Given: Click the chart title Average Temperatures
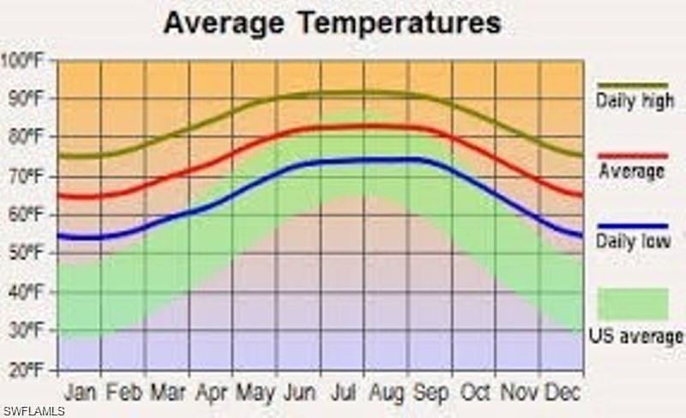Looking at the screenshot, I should point(332,22).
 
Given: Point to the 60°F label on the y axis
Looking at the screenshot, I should point(26,214).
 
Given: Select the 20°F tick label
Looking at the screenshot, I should point(26,370).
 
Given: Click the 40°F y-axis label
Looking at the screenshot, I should point(26,292).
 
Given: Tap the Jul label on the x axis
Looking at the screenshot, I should point(344,392).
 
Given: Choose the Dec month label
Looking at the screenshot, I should point(563,392).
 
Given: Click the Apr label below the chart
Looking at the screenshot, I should point(211,392).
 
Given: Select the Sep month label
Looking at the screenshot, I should point(430,392).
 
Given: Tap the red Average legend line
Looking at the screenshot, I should point(633,155).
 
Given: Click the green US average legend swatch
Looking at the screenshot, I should point(633,303).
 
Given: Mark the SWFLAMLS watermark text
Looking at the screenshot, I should point(33,411).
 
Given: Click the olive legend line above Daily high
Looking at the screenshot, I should point(633,85).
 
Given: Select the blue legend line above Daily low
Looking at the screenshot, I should point(633,226).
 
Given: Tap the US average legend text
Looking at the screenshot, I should point(635,336).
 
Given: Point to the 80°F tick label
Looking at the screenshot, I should point(26,136).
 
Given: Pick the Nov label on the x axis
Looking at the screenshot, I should point(520,392).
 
